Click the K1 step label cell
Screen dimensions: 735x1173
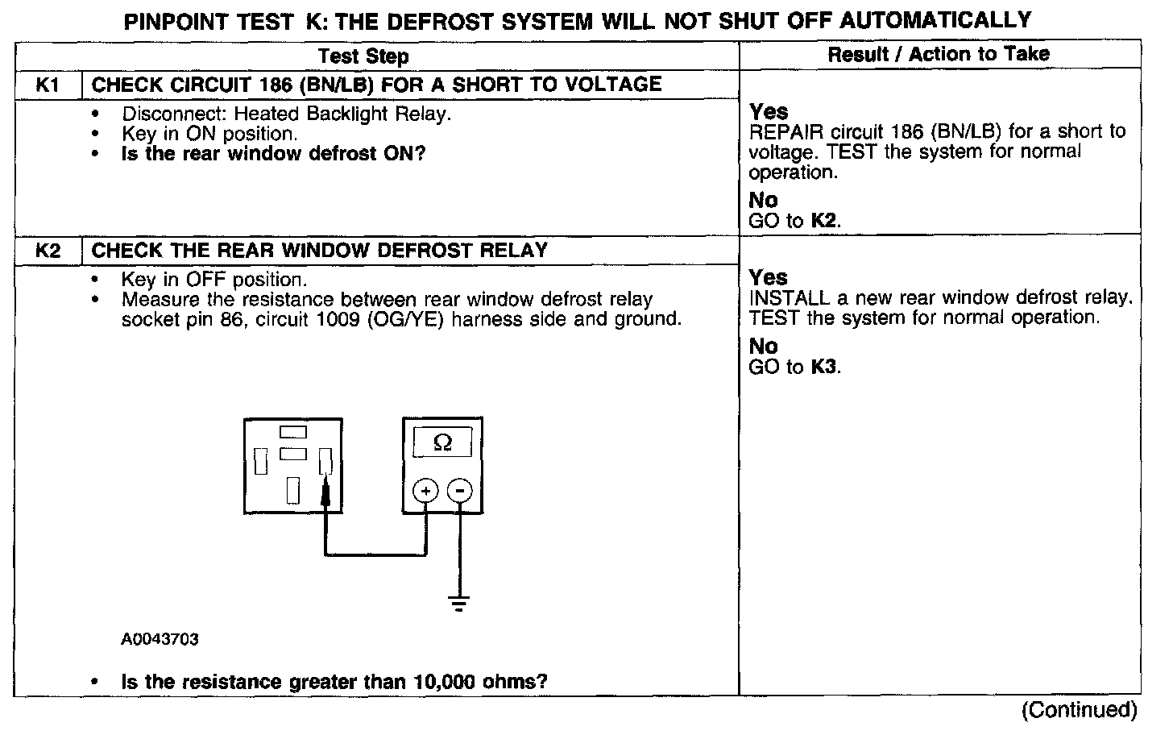click(x=48, y=85)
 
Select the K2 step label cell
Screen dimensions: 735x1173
click(x=48, y=251)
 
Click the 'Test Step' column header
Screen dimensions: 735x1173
click(x=363, y=56)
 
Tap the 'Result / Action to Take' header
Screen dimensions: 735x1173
click(x=939, y=54)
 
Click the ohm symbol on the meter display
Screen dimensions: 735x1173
click(x=442, y=442)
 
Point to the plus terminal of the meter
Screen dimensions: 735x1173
click(x=425, y=490)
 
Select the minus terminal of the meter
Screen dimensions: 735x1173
click(x=460, y=490)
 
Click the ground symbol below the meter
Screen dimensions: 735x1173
click(x=459, y=603)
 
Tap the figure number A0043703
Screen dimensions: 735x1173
click(x=160, y=639)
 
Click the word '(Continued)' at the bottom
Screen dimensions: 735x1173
click(x=1080, y=710)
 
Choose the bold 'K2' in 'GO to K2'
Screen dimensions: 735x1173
click(x=825, y=221)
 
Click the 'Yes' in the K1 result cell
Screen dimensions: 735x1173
click(x=769, y=111)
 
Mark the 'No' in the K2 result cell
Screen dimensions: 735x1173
click(x=763, y=347)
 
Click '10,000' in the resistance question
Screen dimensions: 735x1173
click(x=446, y=682)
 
